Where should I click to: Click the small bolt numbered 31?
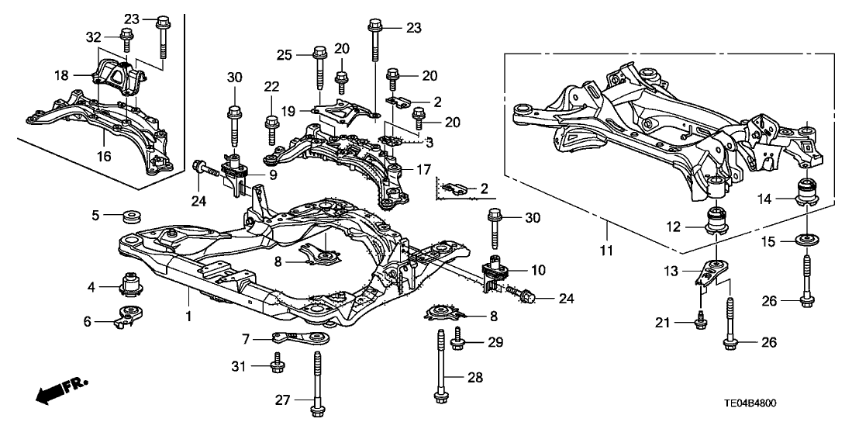276,362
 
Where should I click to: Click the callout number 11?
608,251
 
